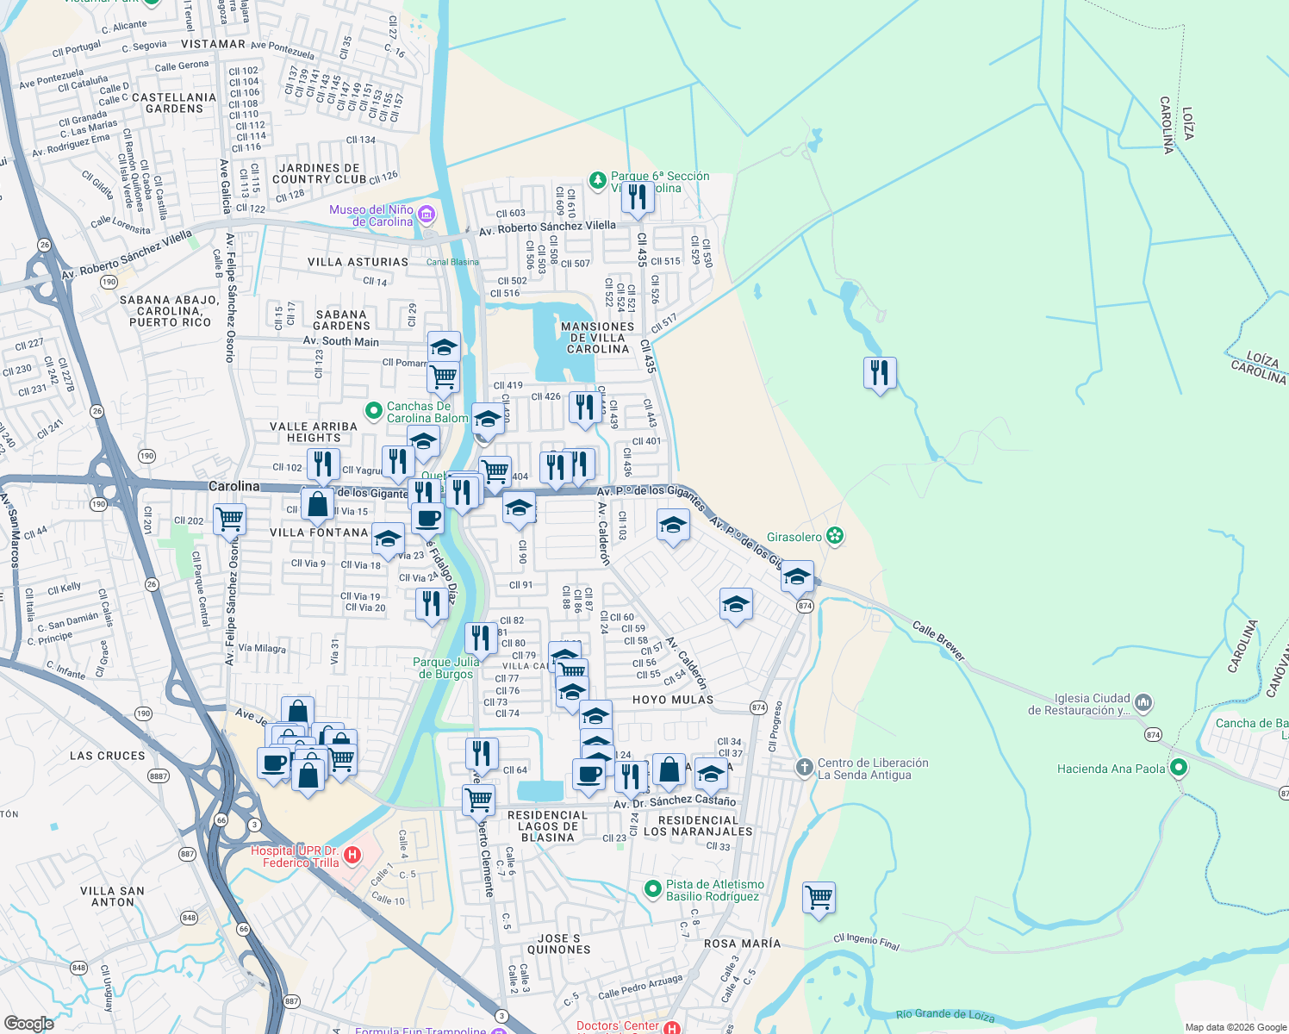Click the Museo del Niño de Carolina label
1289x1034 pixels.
tap(371, 215)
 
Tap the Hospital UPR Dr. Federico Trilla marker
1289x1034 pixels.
tap(352, 856)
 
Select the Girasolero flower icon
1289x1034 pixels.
tap(834, 537)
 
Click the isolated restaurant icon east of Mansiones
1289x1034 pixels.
tap(880, 373)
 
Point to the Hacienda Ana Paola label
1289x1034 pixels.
tap(1111, 769)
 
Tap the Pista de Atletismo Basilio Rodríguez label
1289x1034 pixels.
tap(714, 890)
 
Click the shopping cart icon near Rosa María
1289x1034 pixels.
tap(819, 897)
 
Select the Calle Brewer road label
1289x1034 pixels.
tap(937, 642)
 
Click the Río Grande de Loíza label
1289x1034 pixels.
tap(944, 1015)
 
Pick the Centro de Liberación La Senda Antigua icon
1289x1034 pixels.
tap(804, 767)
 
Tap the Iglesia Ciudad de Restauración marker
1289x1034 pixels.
tap(1143, 703)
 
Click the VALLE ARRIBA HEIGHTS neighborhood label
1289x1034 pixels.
tap(313, 432)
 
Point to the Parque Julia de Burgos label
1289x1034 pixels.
tap(445, 668)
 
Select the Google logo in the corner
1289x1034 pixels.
tap(28, 1024)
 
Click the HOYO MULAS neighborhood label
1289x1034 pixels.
tap(673, 700)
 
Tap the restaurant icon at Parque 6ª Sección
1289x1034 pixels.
tap(638, 197)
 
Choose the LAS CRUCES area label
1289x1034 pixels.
tap(108, 756)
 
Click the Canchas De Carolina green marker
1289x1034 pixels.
tap(373, 411)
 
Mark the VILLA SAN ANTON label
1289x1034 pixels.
tap(112, 896)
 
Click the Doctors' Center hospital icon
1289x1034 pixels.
tap(672, 1027)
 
